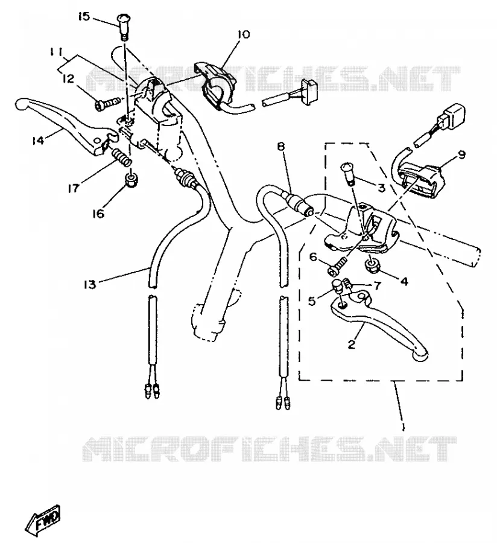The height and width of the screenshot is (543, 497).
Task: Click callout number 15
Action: point(83,16)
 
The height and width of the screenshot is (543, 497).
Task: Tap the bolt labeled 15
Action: point(123,27)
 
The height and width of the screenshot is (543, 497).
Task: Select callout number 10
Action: point(243,34)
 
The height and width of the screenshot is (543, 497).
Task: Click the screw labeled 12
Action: point(107,103)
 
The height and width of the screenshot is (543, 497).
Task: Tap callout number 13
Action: point(89,284)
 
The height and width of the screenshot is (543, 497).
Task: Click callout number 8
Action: point(280,147)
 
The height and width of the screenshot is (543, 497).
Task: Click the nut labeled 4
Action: point(372,266)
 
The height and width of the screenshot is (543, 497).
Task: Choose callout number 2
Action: point(351,344)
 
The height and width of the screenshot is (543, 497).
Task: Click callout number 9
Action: point(463,154)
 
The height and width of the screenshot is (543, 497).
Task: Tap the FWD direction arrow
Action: point(43,518)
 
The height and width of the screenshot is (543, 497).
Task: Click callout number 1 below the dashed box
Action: point(403,425)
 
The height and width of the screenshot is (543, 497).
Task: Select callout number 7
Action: point(377,285)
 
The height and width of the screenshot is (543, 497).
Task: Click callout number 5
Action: point(312,301)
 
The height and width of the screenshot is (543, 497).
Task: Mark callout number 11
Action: point(55,52)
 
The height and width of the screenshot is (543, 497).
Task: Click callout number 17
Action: point(73,188)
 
